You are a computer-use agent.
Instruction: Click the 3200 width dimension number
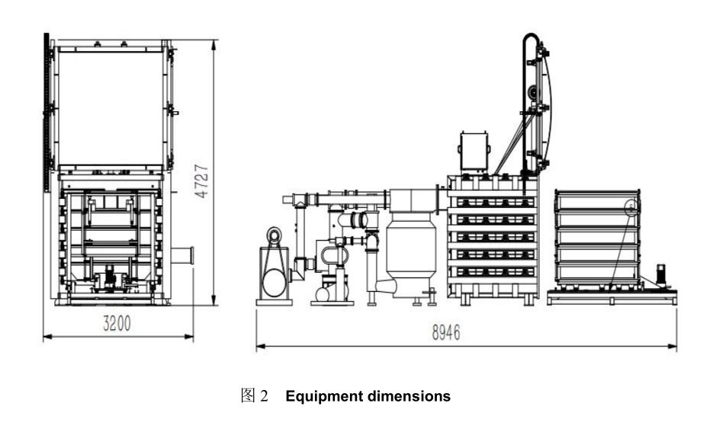point(117,323)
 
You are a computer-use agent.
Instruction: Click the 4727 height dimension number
point(201,180)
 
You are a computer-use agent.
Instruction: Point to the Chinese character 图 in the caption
point(246,396)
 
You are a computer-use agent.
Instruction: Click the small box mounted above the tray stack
point(473,151)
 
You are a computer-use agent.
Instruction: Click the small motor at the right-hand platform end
point(662,275)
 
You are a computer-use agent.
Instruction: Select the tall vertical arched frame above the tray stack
point(533,103)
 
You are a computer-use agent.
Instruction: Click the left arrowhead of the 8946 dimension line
point(258,347)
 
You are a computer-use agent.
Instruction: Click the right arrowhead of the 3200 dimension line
point(191,335)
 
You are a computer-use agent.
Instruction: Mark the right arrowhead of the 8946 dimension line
point(675,347)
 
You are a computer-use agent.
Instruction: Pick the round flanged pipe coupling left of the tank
point(356,221)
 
